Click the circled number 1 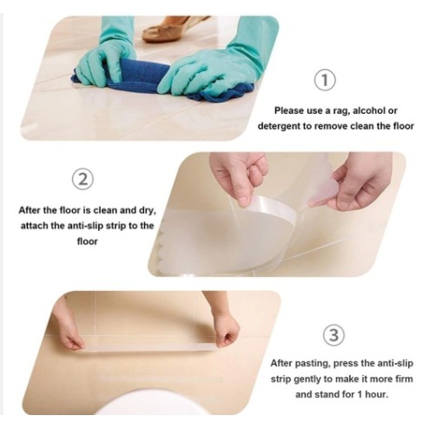point(325,80)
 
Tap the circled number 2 point(82,180)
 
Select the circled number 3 point(333,335)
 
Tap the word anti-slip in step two point(85,226)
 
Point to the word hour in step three point(376,394)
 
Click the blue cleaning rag point(162,79)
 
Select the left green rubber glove point(107,55)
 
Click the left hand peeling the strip point(241,176)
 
